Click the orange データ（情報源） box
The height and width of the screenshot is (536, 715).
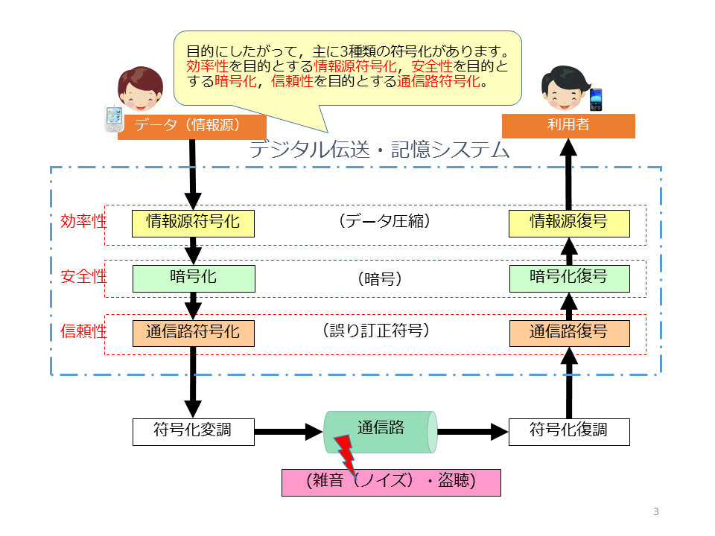tap(191, 126)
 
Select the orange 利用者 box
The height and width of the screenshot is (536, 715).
tap(568, 126)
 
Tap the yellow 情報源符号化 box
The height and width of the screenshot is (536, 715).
tap(193, 223)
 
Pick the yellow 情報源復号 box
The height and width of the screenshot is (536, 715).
tap(569, 223)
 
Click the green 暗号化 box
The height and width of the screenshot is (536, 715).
tap(193, 278)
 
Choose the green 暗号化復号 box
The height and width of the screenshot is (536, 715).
tap(569, 278)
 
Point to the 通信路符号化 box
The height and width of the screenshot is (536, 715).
tap(193, 332)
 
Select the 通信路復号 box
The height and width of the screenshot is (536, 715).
tap(569, 332)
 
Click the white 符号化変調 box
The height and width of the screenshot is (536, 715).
tap(193, 431)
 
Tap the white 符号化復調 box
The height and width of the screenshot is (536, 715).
tap(569, 431)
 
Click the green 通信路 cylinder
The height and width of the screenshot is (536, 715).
tap(381, 431)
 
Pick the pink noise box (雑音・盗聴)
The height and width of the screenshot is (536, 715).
tap(390, 482)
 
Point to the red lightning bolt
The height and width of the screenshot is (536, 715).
tap(345, 452)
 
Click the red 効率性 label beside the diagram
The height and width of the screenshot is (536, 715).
tap(83, 222)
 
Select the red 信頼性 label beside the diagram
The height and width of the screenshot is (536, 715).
tap(83, 332)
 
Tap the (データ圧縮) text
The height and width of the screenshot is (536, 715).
tap(383, 222)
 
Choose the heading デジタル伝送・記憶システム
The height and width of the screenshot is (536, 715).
tap(379, 151)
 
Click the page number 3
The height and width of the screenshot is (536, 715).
tap(655, 511)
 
